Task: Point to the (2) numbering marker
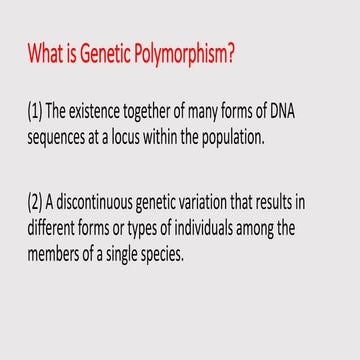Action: point(38,203)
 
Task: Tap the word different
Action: point(57,229)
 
